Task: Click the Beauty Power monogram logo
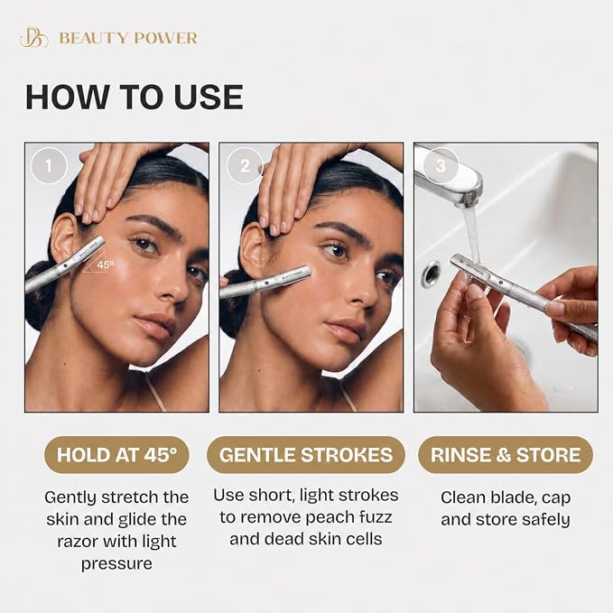(x=34, y=38)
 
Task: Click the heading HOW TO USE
(x=135, y=97)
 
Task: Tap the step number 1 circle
(x=49, y=166)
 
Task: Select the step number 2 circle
(x=245, y=166)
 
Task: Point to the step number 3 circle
(x=441, y=166)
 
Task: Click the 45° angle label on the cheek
(x=106, y=265)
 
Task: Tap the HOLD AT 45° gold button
(x=116, y=455)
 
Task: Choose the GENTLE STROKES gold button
(x=306, y=455)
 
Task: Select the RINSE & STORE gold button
(x=506, y=455)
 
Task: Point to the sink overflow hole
(x=432, y=274)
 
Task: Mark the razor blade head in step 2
(x=288, y=277)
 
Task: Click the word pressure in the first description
(x=116, y=564)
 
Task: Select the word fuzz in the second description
(x=376, y=517)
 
